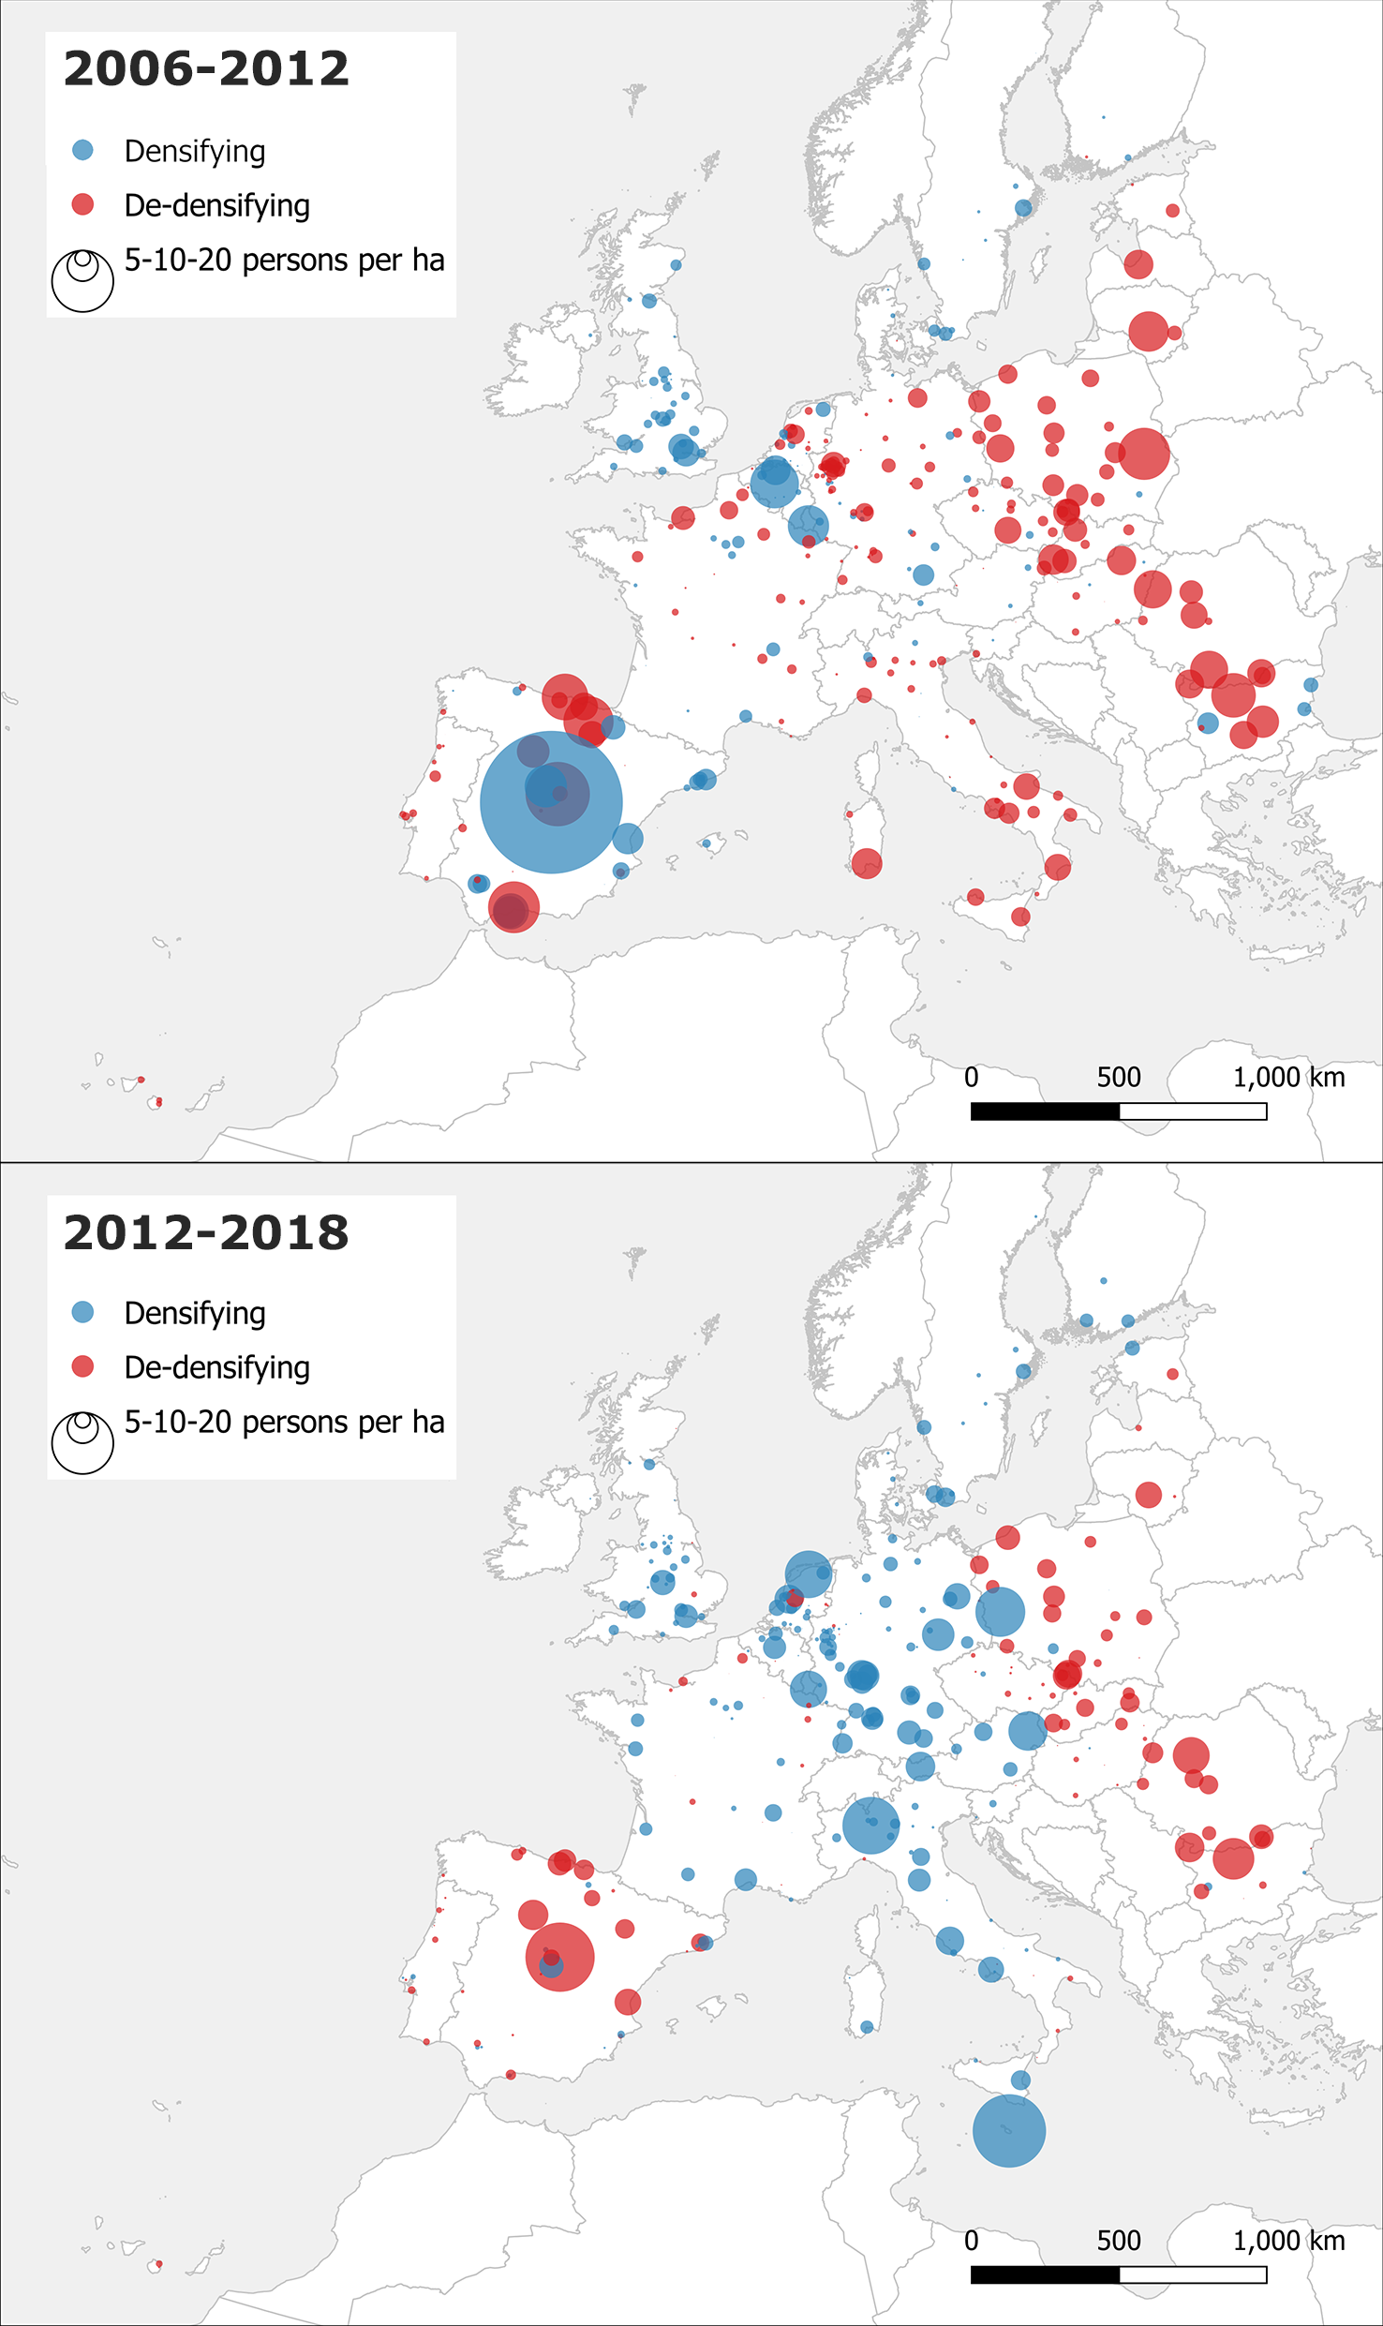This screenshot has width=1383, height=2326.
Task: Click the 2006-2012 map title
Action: coord(206,69)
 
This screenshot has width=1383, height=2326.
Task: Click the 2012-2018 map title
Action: coord(206,1232)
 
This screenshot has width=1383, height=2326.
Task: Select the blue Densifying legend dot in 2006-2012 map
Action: coord(82,150)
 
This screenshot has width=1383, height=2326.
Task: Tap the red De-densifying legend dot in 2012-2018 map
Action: coord(82,1366)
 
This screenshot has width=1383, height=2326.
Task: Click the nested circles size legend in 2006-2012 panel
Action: coord(82,279)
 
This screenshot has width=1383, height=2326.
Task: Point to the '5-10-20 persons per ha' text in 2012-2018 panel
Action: coord(284,1422)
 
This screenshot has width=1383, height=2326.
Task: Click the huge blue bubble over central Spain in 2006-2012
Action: coord(551,802)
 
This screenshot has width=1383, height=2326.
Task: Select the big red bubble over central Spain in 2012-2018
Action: coord(560,1957)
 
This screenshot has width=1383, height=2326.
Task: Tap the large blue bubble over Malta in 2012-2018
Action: coord(1008,2130)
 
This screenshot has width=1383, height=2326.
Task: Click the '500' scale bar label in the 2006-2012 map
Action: coord(1119,1078)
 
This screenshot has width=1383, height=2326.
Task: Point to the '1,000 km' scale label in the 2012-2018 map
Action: coord(1288,2241)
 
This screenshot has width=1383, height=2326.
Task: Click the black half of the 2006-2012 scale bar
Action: coord(1045,1111)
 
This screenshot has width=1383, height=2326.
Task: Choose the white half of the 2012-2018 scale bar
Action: coord(1193,2274)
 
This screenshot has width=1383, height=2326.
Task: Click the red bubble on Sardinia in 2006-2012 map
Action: coord(866,863)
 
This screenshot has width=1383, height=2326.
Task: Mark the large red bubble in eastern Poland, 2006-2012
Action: coord(1143,453)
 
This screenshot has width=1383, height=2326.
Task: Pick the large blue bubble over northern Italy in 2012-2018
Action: coord(870,1825)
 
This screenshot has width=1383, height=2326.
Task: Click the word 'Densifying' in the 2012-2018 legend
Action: coord(195,1313)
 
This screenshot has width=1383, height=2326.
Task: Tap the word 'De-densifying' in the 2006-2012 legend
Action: coord(216,205)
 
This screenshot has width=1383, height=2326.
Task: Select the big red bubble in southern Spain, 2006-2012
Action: coord(513,906)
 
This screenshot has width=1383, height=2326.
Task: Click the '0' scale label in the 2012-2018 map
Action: coord(972,2241)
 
